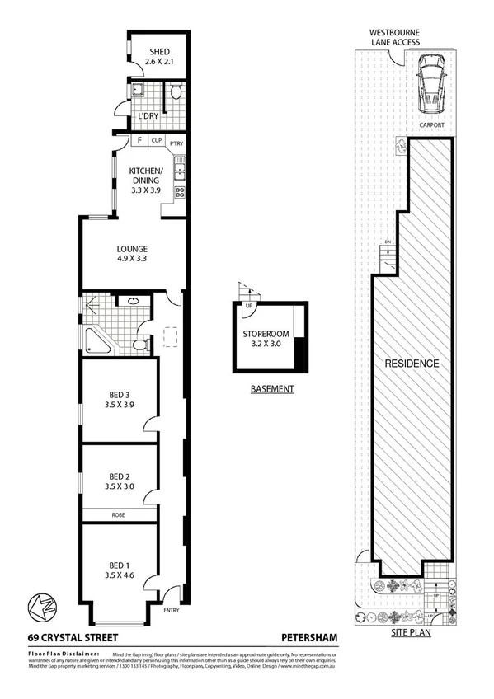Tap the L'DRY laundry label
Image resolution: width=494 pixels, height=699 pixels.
coord(148,115)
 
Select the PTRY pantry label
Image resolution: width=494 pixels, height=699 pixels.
coord(176,143)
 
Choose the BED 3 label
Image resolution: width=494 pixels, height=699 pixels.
coord(121,399)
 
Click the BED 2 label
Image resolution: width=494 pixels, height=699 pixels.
coord(121,481)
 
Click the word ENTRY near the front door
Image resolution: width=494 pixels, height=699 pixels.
coord(172,610)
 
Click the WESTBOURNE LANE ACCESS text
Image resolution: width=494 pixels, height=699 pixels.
coord(395,37)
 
